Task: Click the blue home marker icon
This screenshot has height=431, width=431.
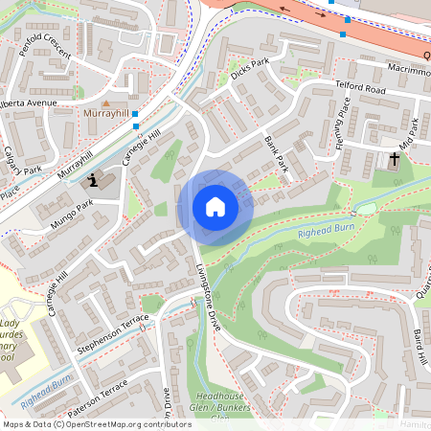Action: [x=215, y=207]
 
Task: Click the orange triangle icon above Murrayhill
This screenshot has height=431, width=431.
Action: [x=106, y=102]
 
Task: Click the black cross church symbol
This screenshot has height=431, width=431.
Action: [x=395, y=158]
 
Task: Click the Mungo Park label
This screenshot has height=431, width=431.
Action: [x=73, y=213]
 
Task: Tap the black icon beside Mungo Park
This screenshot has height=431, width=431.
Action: [x=94, y=178]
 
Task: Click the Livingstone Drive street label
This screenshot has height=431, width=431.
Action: [x=210, y=296]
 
